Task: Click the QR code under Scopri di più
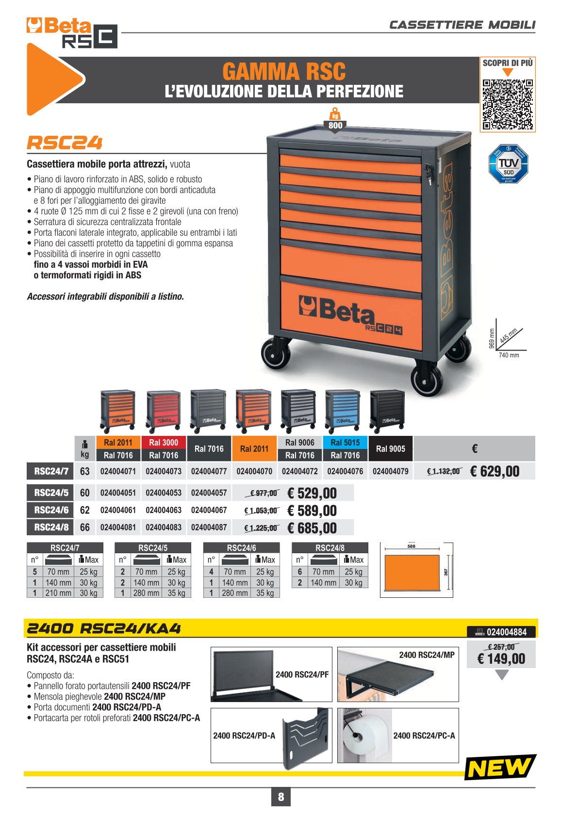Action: (508, 105)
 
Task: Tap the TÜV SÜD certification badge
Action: (508, 163)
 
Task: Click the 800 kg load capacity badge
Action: (335, 121)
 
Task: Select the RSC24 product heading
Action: (65, 143)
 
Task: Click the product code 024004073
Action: (164, 471)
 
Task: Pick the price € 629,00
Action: (495, 471)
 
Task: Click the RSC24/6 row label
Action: (51, 510)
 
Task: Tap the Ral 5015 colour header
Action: (345, 443)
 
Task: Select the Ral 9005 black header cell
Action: (390, 449)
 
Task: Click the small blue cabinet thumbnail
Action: (343, 411)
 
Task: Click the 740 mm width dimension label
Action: (509, 355)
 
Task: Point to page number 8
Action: (281, 797)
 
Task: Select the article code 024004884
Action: (507, 632)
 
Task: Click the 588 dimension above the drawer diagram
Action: (411, 546)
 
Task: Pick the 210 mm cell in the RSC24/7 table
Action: (58, 593)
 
